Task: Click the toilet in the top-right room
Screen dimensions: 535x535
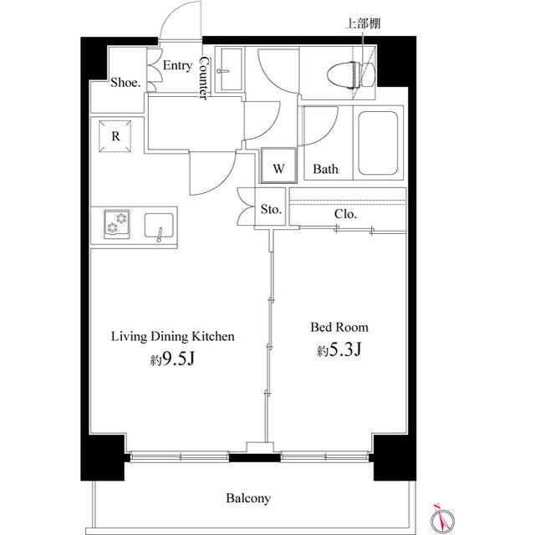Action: pos(351,75)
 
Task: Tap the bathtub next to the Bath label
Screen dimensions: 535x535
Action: pos(378,143)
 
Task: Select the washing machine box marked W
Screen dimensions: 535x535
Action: pos(278,166)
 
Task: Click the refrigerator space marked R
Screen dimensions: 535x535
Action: pos(115,136)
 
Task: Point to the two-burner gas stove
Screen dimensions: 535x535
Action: pos(117,224)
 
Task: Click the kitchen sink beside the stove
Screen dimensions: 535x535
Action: pos(159,226)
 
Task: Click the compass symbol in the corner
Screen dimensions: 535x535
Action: pos(442,520)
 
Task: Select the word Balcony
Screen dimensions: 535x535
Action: pos(248,498)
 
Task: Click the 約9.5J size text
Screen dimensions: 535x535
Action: pos(172,359)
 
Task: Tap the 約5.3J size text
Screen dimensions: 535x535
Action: pos(339,349)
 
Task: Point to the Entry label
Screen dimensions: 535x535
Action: pos(177,65)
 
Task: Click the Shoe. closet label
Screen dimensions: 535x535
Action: pos(125,82)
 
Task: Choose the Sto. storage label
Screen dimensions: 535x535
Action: pos(271,209)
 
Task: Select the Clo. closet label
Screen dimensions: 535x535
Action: pos(345,214)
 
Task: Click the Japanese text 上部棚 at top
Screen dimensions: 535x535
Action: pos(363,23)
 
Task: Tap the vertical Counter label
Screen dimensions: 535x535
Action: pos(203,78)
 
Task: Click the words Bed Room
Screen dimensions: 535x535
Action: pos(339,327)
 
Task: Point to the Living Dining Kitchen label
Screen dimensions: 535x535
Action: pos(173,336)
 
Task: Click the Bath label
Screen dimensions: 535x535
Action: pos(325,169)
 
